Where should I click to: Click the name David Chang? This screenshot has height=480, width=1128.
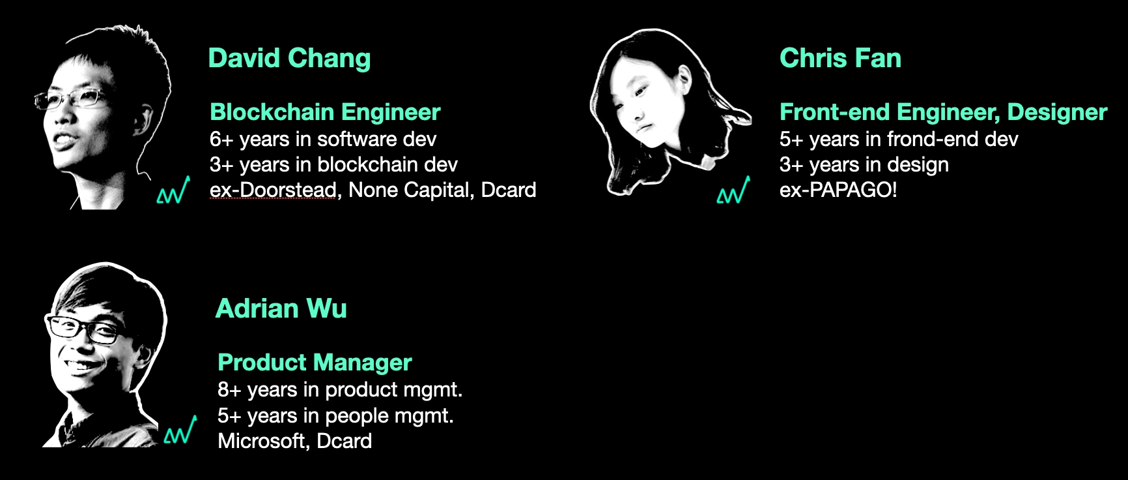coord(289,59)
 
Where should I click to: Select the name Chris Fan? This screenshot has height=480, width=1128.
coord(840,59)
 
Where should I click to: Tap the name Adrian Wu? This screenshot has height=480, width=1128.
coord(281,308)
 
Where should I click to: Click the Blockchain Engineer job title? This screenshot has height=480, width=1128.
coord(325,112)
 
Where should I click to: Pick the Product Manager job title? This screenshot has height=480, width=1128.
coord(315,363)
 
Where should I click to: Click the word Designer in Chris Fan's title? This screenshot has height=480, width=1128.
coord(1057,112)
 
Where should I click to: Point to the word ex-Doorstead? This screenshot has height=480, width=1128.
coord(274,190)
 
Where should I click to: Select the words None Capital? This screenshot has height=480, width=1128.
coord(407,190)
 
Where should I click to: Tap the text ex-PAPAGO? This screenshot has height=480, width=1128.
coord(838,190)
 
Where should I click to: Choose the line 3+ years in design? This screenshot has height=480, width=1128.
coord(864,164)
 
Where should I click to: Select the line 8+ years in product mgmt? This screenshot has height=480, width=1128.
coord(340,390)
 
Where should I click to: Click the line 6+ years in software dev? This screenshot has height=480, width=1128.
coord(323,139)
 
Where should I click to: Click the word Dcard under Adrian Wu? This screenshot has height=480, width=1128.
coord(344,441)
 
